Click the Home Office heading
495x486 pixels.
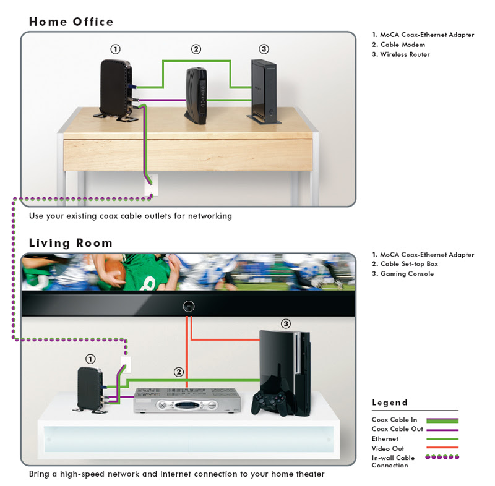pyautogui.click(x=71, y=22)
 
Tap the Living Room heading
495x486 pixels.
pyautogui.click(x=71, y=242)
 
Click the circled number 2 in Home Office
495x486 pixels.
pyautogui.click(x=196, y=49)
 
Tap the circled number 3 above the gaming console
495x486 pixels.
pyautogui.click(x=285, y=323)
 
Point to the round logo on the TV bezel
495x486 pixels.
pyautogui.click(x=188, y=305)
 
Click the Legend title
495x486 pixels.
pyautogui.click(x=389, y=403)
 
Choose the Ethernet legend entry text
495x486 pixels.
pyautogui.click(x=385, y=438)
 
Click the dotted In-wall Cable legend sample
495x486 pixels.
pyautogui.click(x=441, y=458)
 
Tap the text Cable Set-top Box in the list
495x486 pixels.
pyautogui.click(x=407, y=264)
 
